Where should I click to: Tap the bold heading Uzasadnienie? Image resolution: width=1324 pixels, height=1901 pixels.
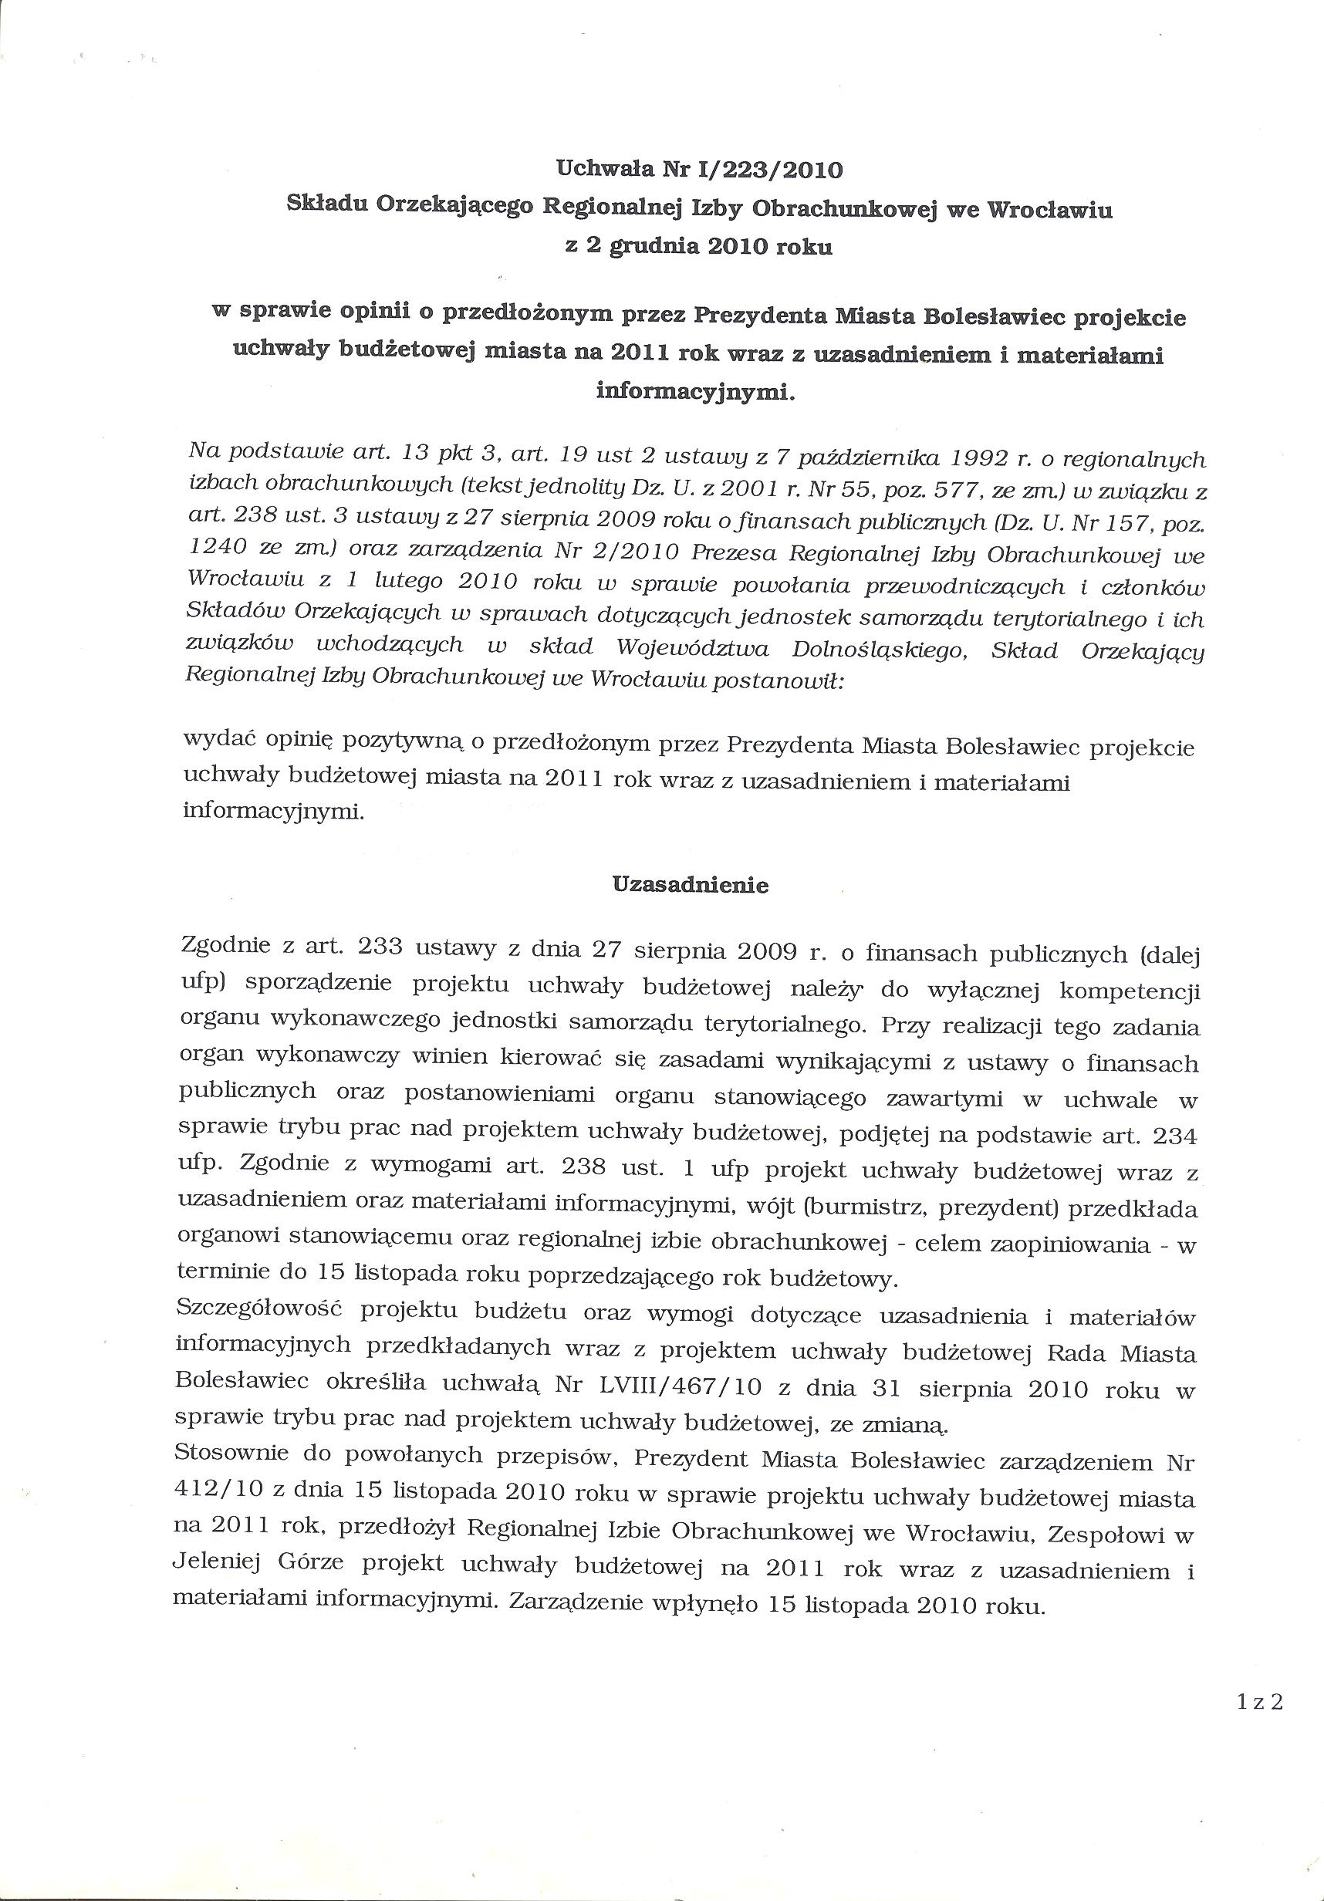[x=690, y=885]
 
